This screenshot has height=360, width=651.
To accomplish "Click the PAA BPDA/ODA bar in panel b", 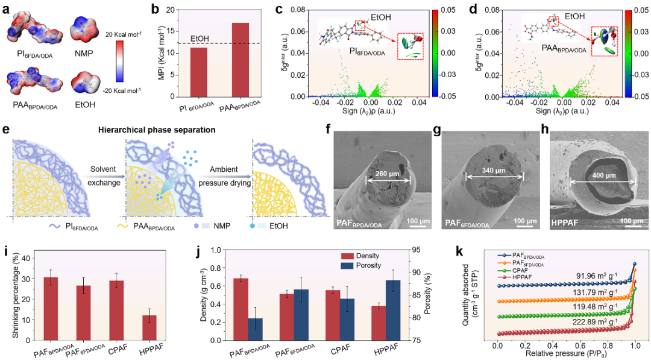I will pyautogui.click(x=224, y=60).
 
